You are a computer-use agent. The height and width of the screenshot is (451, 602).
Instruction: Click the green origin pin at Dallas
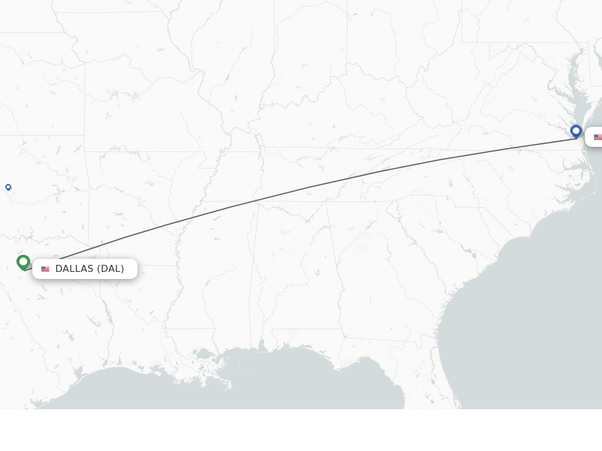point(24,262)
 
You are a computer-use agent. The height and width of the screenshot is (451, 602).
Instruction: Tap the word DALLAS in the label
point(74,269)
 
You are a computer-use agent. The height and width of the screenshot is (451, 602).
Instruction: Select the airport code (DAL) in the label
point(111,269)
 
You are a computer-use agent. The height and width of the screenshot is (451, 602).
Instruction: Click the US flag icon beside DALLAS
point(45,269)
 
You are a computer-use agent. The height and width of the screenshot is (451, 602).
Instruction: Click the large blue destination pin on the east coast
point(576,132)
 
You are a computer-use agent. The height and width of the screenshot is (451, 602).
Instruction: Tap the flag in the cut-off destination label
point(598,137)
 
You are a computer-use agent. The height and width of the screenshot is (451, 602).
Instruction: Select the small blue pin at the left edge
point(8,187)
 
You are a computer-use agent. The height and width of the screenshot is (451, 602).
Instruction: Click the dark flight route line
point(306,188)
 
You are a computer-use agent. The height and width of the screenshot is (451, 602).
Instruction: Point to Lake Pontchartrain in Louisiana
point(205,354)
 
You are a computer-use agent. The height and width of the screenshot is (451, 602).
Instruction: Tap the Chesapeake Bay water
point(574,94)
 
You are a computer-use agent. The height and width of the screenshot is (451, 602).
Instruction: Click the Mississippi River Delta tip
point(228,388)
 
